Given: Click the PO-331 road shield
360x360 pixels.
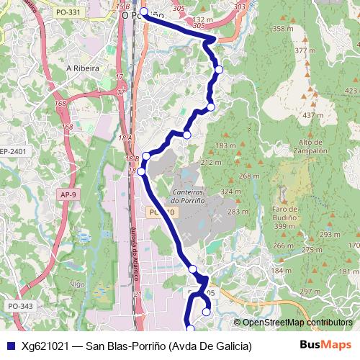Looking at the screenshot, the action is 68,13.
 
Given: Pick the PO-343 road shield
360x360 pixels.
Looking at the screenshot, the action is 20,307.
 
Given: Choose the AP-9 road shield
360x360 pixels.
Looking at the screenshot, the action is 68,194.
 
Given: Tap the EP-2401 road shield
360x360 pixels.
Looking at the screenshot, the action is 13,151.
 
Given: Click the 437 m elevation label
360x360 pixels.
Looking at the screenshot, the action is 312,115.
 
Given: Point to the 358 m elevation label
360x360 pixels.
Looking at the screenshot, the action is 283,29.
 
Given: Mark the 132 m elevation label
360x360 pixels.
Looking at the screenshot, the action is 204,19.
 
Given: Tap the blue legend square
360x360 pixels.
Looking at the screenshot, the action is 10,346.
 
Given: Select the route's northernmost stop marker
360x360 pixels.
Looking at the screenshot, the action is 143,12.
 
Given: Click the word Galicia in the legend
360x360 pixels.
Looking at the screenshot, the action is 234,346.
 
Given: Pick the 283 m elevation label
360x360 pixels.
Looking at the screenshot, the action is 238,212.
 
